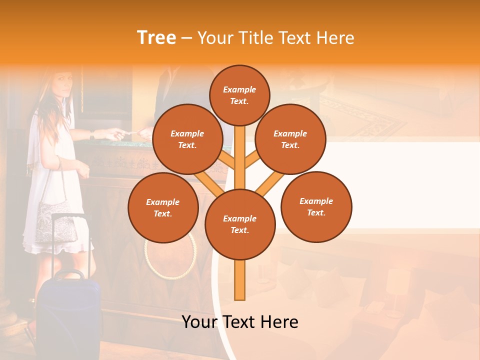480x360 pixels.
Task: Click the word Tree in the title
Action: pyautogui.click(x=156, y=37)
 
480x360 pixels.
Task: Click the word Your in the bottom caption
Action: pyautogui.click(x=199, y=322)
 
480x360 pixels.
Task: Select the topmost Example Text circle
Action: pyautogui.click(x=239, y=95)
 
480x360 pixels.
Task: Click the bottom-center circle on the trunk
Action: pyautogui.click(x=240, y=224)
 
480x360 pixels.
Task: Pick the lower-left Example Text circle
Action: pyautogui.click(x=163, y=208)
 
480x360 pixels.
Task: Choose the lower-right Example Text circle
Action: pyautogui.click(x=316, y=207)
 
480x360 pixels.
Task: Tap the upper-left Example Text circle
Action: pyautogui.click(x=187, y=139)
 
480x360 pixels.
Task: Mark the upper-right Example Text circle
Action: pyautogui.click(x=290, y=139)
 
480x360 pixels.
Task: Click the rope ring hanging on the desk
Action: pyautogui.click(x=170, y=255)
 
